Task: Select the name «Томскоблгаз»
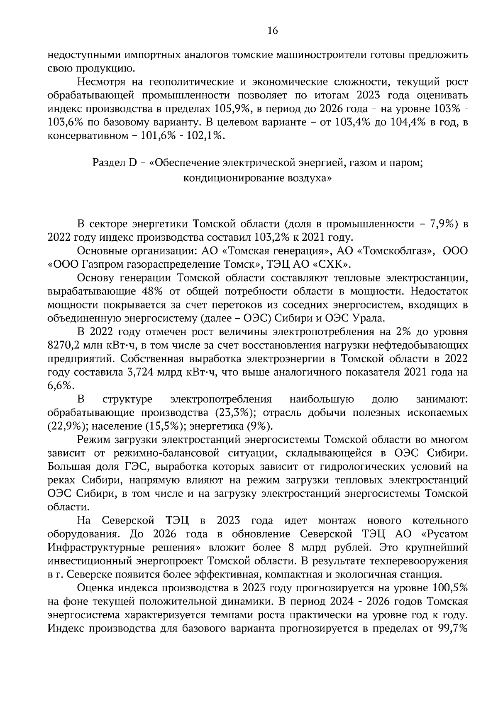390,251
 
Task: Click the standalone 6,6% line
61,385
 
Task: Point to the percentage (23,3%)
234,413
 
